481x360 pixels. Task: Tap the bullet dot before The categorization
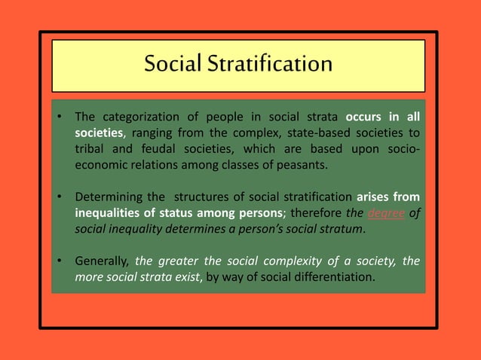(58, 117)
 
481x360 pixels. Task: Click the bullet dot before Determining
(58, 199)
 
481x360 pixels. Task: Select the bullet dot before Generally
(58, 263)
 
